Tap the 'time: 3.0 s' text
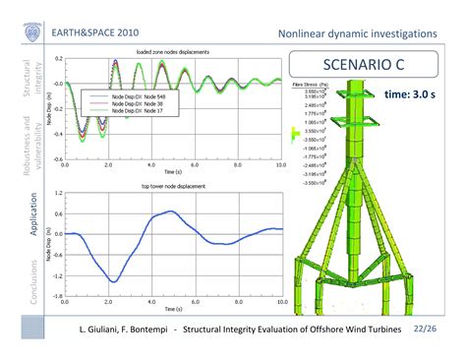click(x=408, y=95)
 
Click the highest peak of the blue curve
click(x=171, y=211)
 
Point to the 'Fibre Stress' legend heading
click(x=309, y=87)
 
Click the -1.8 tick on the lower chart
click(x=57, y=295)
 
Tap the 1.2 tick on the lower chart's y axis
click(x=58, y=194)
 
